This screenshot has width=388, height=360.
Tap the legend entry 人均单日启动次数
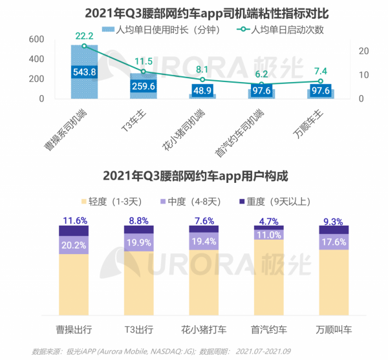pyautogui.click(x=285, y=30)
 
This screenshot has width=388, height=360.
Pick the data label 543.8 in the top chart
pyautogui.click(x=85, y=71)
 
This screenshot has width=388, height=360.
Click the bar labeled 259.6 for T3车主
pyautogui.click(x=144, y=84)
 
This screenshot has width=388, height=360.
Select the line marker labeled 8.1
pyautogui.click(x=202, y=79)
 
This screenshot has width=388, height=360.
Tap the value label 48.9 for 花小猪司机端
pyautogui.click(x=202, y=90)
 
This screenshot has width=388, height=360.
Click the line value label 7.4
pyautogui.click(x=320, y=70)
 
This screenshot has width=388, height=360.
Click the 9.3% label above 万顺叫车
pyautogui.click(x=334, y=220)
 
